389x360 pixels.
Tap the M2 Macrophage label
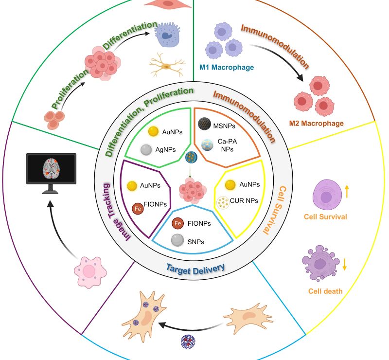coord(316,123)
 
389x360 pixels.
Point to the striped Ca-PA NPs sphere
coord(207,144)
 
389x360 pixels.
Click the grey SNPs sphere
coord(177,240)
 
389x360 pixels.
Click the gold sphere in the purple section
coord(131,185)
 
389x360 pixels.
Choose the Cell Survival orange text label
coord(325,216)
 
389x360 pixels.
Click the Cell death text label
coord(325,291)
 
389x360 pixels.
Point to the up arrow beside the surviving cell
coord(347,191)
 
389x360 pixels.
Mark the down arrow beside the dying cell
coord(345,264)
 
